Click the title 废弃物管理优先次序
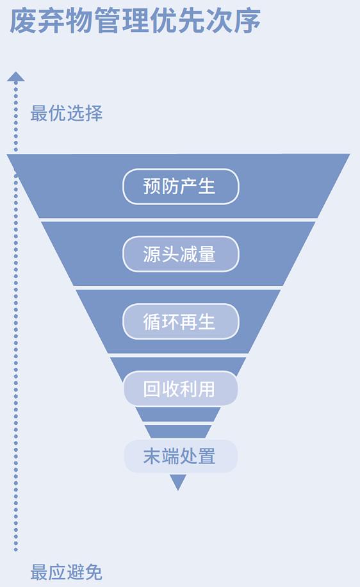(x=135, y=21)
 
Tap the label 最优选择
(x=66, y=113)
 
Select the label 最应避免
(x=66, y=572)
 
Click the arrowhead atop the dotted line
(x=16, y=76)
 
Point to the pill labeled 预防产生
(x=181, y=186)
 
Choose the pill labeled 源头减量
(x=181, y=254)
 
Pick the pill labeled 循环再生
(x=181, y=322)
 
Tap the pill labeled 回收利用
(x=181, y=388)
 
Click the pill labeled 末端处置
(x=181, y=456)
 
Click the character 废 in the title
(x=23, y=21)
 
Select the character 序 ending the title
(x=247, y=21)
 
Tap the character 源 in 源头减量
(x=152, y=254)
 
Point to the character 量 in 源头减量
(x=206, y=254)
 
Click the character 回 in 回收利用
(x=152, y=389)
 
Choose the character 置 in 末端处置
(x=206, y=456)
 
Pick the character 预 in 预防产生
(x=152, y=186)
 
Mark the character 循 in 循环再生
(x=152, y=322)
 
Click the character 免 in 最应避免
(x=94, y=572)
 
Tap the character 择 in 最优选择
(x=94, y=113)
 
